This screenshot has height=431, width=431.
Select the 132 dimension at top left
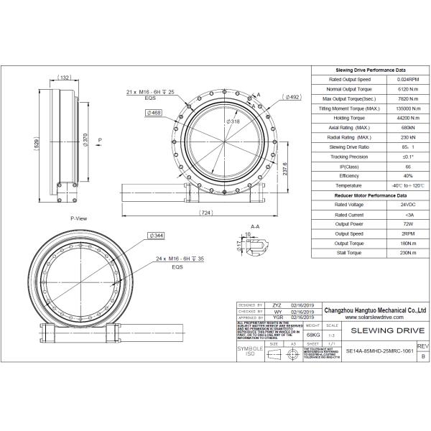point(64,78)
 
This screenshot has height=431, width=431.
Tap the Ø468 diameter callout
point(154,113)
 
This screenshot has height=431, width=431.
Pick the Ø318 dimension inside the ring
point(232,122)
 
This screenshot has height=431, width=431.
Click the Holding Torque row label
point(350,118)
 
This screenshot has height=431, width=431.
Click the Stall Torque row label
point(350,253)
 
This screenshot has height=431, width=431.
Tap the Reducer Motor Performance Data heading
point(371,195)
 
